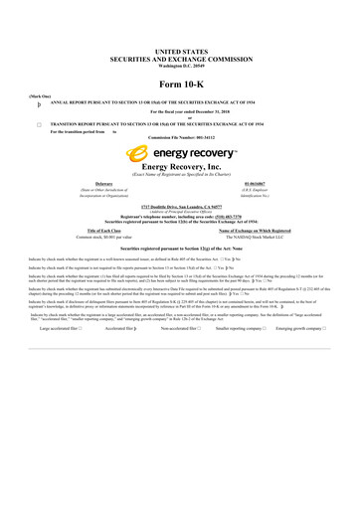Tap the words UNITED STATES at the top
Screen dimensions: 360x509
pyautogui.click(x=179, y=48)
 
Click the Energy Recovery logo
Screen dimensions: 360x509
pyautogui.click(x=179, y=154)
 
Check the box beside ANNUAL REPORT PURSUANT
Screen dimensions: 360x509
pyautogui.click(x=39, y=103)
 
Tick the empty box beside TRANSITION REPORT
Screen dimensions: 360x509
pyautogui.click(x=39, y=122)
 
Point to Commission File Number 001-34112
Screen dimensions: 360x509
pyautogui.click(x=179, y=138)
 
